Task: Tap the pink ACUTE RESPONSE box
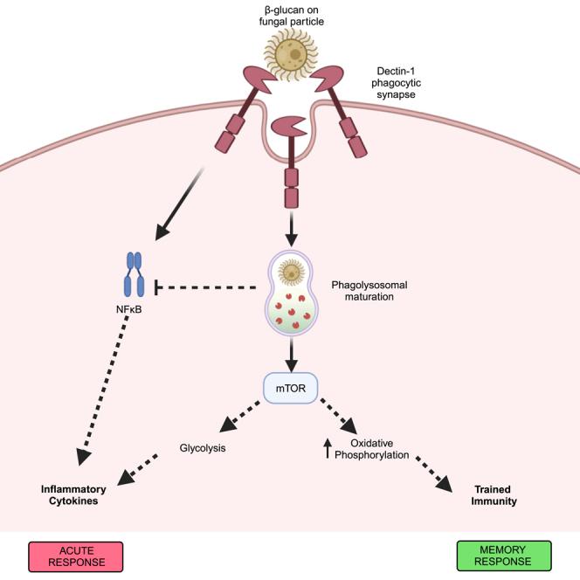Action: coord(79,555)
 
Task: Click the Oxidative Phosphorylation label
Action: coord(377,448)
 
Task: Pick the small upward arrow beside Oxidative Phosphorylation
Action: coord(328,448)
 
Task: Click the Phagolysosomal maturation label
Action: coord(368,292)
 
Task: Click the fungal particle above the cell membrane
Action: coord(290,53)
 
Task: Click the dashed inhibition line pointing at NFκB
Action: coord(210,287)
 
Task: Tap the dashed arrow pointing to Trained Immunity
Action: coord(432,472)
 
